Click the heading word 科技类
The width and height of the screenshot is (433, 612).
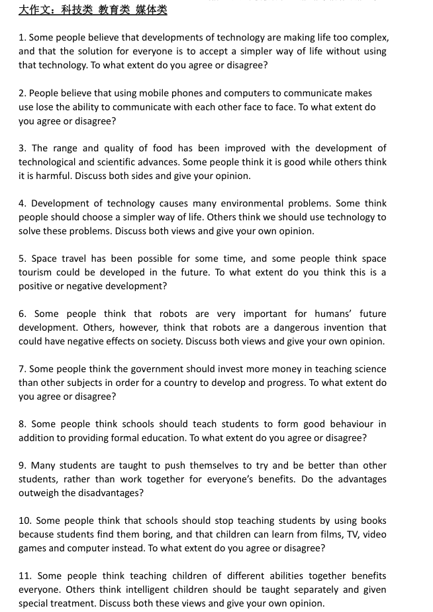77,9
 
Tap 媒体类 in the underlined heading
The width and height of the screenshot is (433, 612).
152,9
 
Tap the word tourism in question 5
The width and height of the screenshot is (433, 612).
36,273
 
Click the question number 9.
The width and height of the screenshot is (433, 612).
22,465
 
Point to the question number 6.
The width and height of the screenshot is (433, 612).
22,314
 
